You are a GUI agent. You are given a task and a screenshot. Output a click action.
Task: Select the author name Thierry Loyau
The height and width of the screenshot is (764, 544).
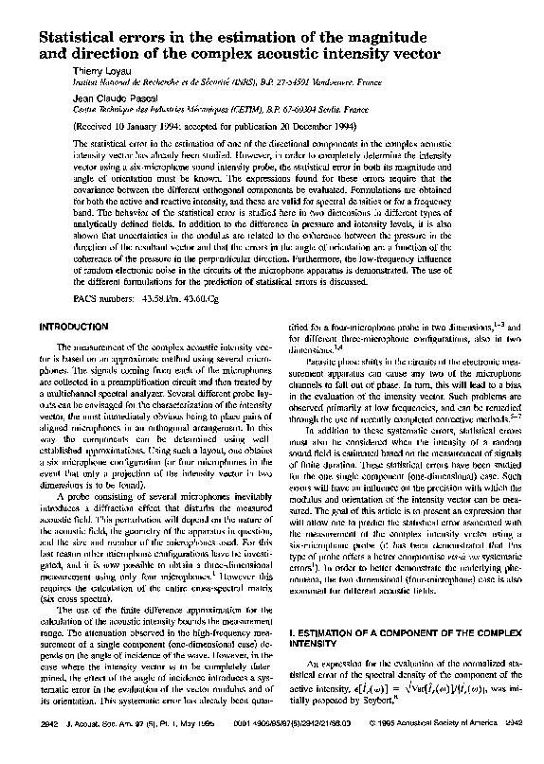pos(100,70)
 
